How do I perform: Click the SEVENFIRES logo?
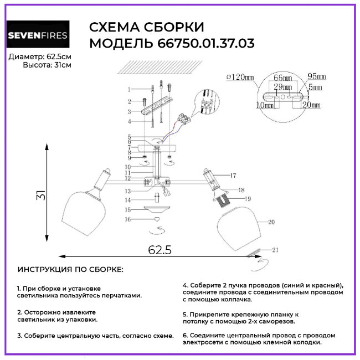pyautogui.click(x=38, y=37)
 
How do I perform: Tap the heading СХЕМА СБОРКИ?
pyautogui.click(x=147, y=28)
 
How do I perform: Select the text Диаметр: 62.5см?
pyautogui.click(x=40, y=57)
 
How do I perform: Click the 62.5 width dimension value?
pyautogui.click(x=160, y=249)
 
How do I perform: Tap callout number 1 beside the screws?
pyautogui.click(x=129, y=89)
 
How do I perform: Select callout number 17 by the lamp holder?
pyautogui.click(x=233, y=176)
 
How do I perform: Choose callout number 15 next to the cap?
pyautogui.click(x=127, y=210)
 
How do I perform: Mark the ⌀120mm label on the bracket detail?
pyautogui.click(x=239, y=77)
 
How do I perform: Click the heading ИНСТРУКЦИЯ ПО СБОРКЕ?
pyautogui.click(x=71, y=269)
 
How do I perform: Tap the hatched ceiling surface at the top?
pyautogui.click(x=161, y=68)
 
